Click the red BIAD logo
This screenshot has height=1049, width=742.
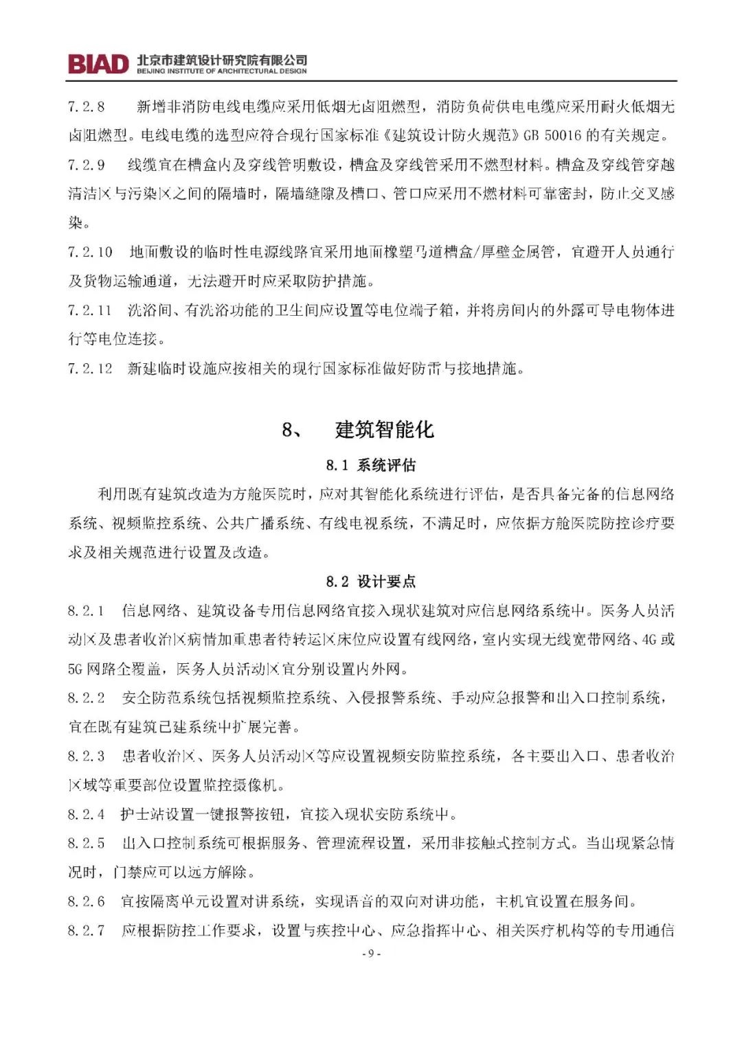98,64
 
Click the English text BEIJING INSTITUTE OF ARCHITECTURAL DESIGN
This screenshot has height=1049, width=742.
221,71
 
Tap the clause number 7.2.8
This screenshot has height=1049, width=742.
87,106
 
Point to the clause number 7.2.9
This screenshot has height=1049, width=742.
87,165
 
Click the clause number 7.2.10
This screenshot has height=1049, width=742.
90,252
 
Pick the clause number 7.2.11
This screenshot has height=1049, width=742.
90,310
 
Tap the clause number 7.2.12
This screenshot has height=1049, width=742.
90,369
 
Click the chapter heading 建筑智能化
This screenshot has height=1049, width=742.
384,430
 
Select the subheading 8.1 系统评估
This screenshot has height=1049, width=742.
371,465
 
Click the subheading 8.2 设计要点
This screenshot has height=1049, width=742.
371,582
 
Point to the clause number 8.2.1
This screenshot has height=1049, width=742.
87,611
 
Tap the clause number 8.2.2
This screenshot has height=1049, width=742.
87,698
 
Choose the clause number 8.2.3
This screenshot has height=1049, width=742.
87,757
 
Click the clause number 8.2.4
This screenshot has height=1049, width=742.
87,815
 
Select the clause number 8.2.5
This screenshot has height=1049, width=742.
87,844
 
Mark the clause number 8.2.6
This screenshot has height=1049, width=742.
87,901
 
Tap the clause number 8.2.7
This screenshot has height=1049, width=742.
87,931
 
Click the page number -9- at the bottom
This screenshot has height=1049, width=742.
370,954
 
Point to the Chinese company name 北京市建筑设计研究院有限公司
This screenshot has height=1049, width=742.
221,60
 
